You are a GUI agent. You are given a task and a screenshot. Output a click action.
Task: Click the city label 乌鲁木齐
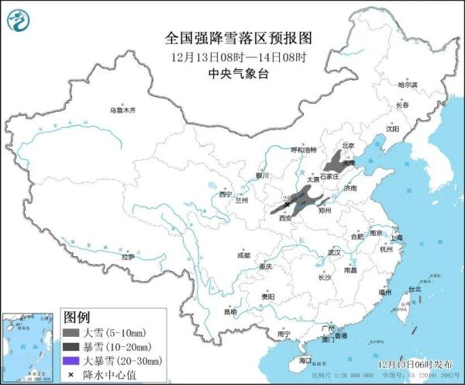[x=122, y=110]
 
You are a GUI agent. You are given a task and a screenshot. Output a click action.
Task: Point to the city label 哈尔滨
[x=407, y=85]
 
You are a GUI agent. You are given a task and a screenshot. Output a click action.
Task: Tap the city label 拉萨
[x=129, y=256]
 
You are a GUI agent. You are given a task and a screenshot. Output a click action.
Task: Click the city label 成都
[x=244, y=255]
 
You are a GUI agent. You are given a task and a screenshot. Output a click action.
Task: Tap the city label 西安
[x=285, y=219]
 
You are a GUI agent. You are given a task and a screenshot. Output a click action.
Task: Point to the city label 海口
[x=305, y=360]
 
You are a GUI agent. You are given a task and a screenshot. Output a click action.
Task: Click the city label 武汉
[x=334, y=253]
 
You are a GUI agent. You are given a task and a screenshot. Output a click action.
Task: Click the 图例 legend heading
[x=77, y=318]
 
